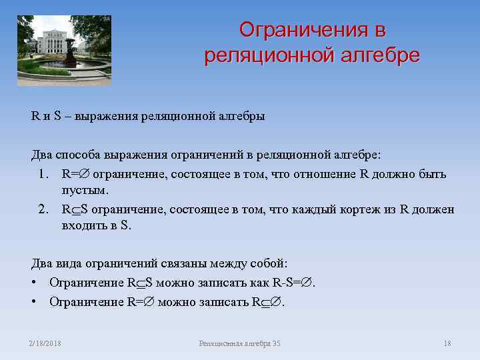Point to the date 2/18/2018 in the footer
pos(45,343)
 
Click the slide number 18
pos(447,343)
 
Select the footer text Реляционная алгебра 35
pos(239,343)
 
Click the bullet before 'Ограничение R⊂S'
pos(34,283)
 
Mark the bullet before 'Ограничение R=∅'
pos(34,302)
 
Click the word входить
pos(85,225)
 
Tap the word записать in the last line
pos(223,302)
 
